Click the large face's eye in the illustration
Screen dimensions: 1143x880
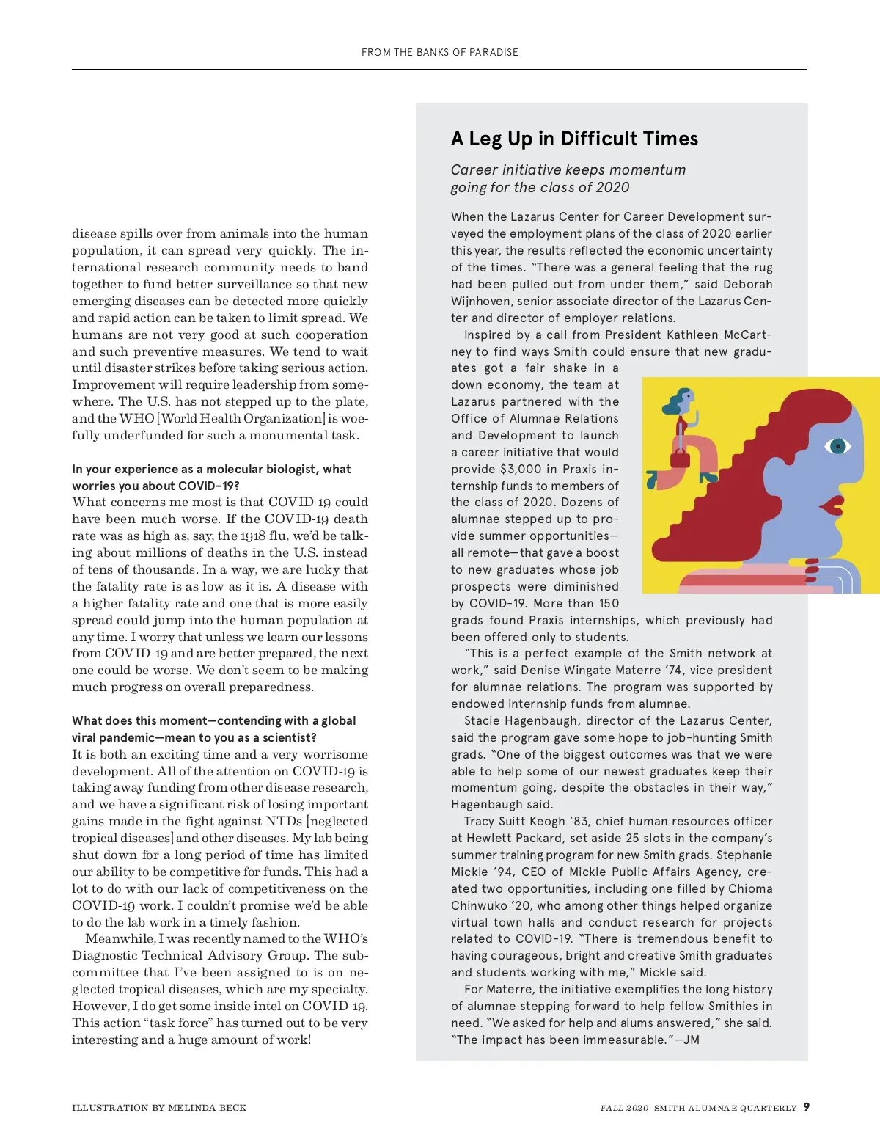pos(837,445)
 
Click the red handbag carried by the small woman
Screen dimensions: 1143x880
pos(680,460)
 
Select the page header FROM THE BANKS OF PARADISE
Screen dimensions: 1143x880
pos(440,52)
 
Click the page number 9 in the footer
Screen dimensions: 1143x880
pos(807,1107)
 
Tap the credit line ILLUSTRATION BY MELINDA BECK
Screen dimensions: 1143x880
pos(159,1108)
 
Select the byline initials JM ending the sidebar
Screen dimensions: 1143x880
pos(691,1040)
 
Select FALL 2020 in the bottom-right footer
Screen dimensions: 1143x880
pos(624,1108)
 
